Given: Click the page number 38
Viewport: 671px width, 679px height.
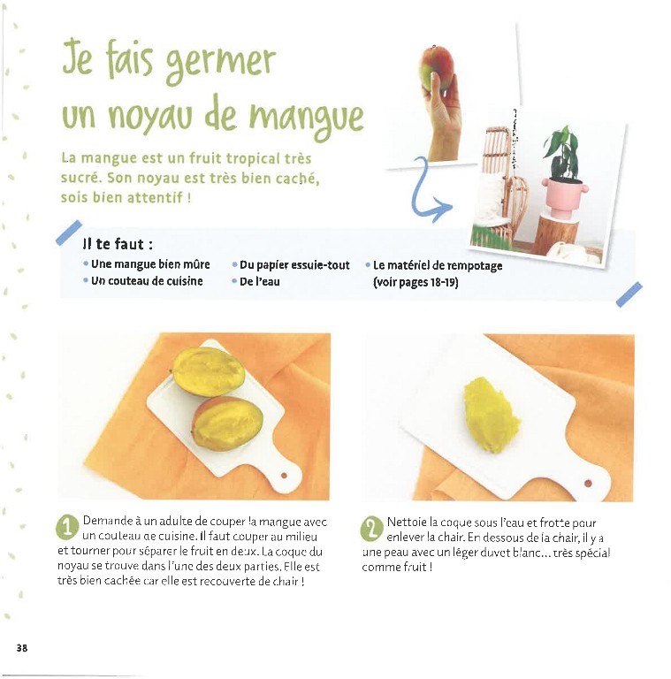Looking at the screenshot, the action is (22, 648).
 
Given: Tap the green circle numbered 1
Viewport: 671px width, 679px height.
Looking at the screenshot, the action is (67, 528).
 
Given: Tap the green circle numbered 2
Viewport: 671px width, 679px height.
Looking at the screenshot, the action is (371, 529).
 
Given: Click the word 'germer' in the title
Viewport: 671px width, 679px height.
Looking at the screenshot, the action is (221, 64).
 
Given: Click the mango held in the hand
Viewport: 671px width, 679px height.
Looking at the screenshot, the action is (437, 68).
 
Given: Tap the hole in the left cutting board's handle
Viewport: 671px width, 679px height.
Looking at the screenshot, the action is (284, 476).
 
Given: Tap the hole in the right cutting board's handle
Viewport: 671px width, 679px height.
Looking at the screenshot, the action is (588, 483).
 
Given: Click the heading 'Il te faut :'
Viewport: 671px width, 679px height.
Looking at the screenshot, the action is (118, 244).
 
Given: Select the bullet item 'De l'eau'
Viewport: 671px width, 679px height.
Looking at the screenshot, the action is (260, 281).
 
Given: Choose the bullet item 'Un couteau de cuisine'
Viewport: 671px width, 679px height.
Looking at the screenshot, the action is (147, 281).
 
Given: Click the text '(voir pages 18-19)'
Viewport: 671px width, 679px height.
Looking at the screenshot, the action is (416, 282).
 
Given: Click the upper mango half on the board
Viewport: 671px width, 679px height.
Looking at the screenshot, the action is (210, 371).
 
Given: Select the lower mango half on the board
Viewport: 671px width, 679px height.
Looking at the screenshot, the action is (227, 423).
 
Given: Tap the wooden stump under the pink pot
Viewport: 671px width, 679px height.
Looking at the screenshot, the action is (557, 235).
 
